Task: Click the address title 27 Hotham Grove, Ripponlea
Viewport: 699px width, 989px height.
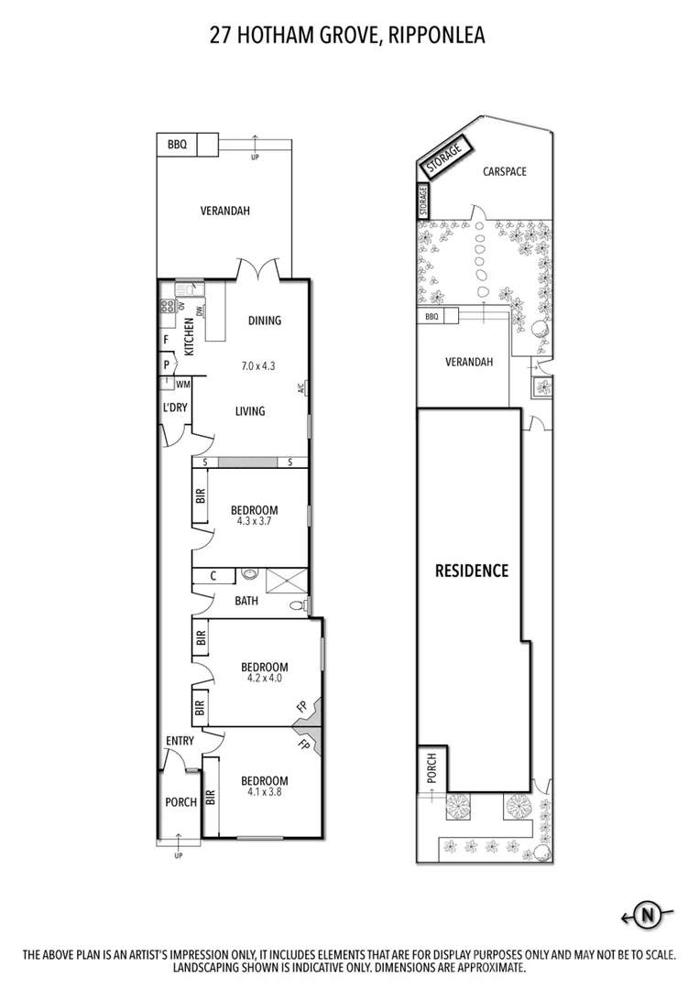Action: [347, 36]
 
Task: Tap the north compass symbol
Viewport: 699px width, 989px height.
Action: [649, 913]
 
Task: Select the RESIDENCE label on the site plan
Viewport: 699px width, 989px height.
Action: [471, 571]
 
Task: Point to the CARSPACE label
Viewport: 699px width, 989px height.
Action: [505, 171]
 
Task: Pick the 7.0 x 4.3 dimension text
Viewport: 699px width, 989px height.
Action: [257, 365]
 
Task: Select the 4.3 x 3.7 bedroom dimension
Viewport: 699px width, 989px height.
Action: [253, 521]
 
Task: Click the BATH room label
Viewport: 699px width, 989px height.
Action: [246, 601]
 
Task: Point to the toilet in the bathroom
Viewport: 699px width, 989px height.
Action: [296, 605]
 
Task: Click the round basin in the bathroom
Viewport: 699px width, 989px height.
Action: [248, 576]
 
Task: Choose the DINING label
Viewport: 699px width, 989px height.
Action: [264, 321]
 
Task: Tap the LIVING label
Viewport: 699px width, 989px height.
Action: [249, 411]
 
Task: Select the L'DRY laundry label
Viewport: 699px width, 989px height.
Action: [175, 408]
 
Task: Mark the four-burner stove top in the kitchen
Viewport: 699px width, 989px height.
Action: [168, 308]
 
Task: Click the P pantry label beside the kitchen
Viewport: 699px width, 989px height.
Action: [166, 363]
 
